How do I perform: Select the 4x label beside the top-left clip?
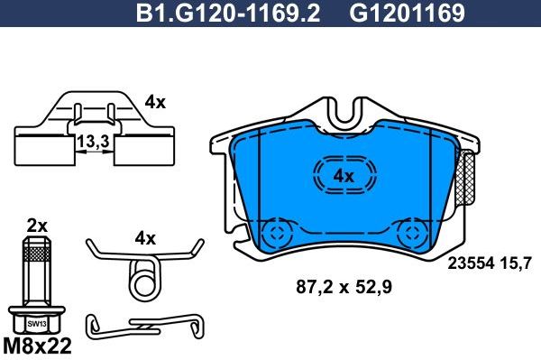click(x=155, y=103)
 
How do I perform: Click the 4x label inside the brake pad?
click(x=343, y=176)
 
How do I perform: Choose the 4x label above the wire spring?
click(x=144, y=239)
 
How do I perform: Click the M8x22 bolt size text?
click(x=38, y=346)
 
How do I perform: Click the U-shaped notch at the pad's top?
click(x=344, y=114)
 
